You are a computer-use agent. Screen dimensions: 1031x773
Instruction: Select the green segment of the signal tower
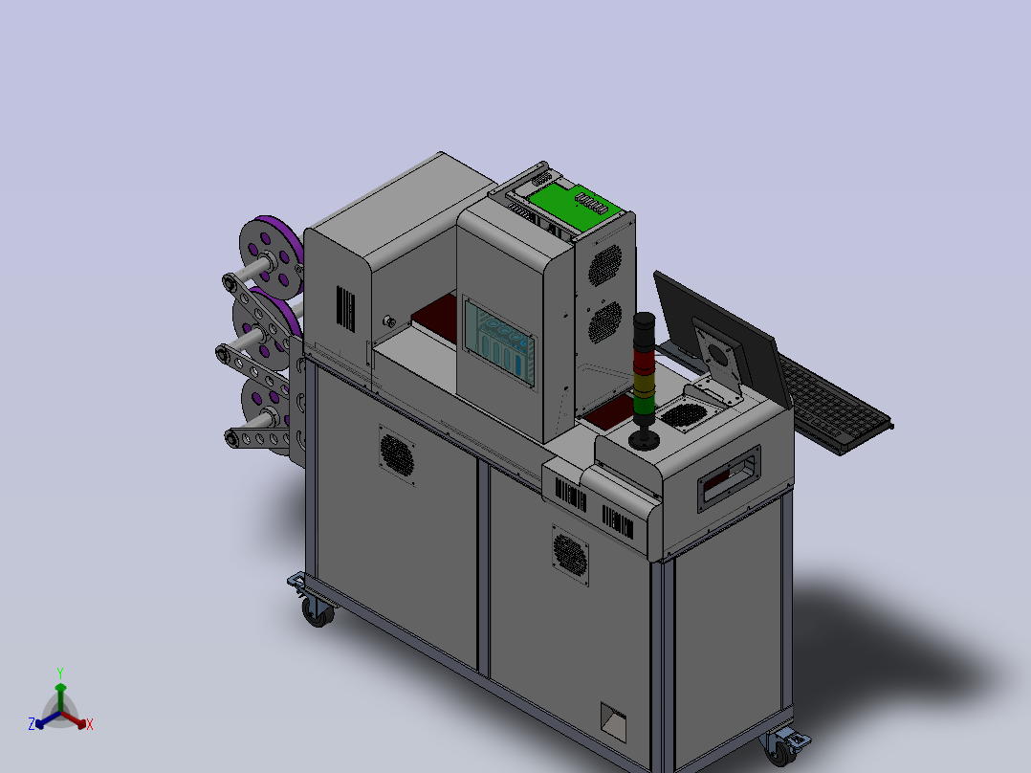(645, 406)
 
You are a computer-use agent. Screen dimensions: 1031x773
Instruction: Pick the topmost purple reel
(272, 254)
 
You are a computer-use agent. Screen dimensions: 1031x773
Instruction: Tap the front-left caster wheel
(318, 612)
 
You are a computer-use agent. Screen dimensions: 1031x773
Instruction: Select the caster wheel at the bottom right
(781, 749)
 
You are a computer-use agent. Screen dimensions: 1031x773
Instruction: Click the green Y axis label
(60, 673)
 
